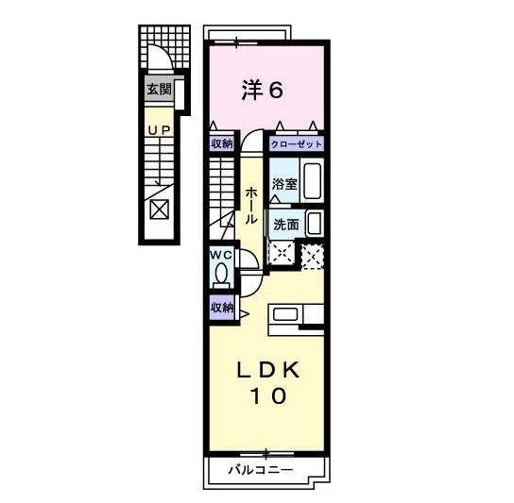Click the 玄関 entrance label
point(159,89)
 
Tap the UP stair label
point(160,130)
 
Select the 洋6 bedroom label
point(263,90)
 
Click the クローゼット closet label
point(297,143)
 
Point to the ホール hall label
point(251,206)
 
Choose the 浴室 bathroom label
point(284,184)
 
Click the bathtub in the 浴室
point(312,181)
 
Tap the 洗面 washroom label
point(286,225)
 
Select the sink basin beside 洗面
point(315,224)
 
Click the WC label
point(221,255)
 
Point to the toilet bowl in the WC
point(222,273)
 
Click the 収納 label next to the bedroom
point(222,143)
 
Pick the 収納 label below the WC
point(222,308)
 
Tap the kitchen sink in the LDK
point(285,314)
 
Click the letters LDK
point(267,370)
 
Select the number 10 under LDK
point(268,395)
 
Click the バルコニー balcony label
point(261,470)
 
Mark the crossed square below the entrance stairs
point(160,210)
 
